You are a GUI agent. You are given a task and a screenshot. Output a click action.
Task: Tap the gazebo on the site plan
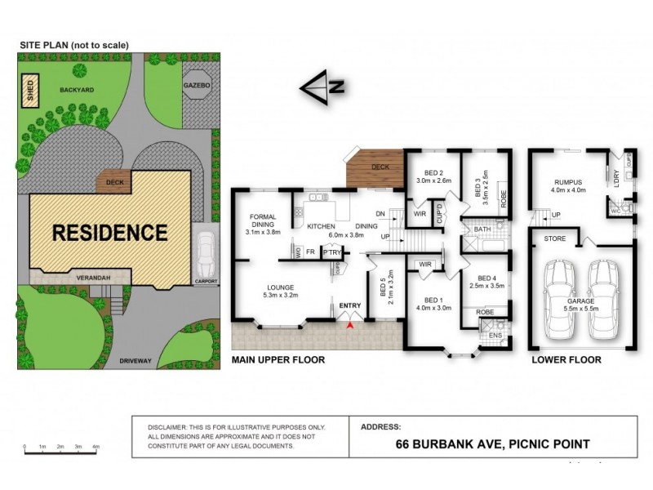click(197, 100)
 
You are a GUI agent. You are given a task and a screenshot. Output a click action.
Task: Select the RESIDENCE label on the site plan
click(109, 232)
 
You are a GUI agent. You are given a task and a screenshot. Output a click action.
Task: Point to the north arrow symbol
click(322, 87)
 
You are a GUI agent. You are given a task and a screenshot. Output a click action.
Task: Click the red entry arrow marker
click(351, 326)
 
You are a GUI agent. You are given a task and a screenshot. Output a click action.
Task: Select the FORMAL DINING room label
click(264, 223)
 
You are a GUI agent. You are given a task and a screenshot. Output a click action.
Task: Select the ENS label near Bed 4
click(494, 335)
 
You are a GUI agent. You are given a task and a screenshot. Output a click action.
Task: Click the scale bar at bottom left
click(61, 448)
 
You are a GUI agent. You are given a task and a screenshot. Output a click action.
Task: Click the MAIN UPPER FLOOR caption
click(278, 359)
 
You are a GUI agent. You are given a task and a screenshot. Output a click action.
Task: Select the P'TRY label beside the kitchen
click(331, 253)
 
